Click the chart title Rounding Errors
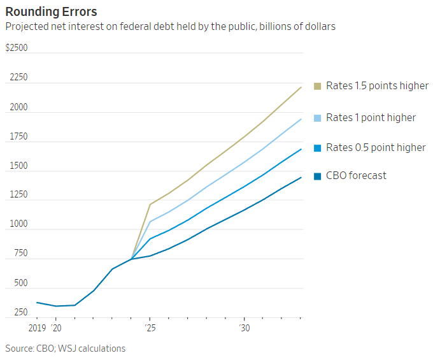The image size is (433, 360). click(51, 11)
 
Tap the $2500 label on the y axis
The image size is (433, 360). click(17, 48)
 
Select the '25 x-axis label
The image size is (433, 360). click(150, 328)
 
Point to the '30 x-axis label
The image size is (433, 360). click(244, 328)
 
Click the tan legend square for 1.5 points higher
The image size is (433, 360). click(317, 85)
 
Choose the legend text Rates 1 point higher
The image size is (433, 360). click(371, 117)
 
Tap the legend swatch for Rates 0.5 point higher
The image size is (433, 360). click(317, 148)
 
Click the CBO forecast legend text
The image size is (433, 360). click(356, 175)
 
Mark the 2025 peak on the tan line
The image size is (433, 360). click(150, 205)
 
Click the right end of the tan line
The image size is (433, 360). click(301, 87)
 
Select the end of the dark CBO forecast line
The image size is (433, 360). click(301, 177)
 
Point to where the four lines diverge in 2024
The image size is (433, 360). click(131, 259)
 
